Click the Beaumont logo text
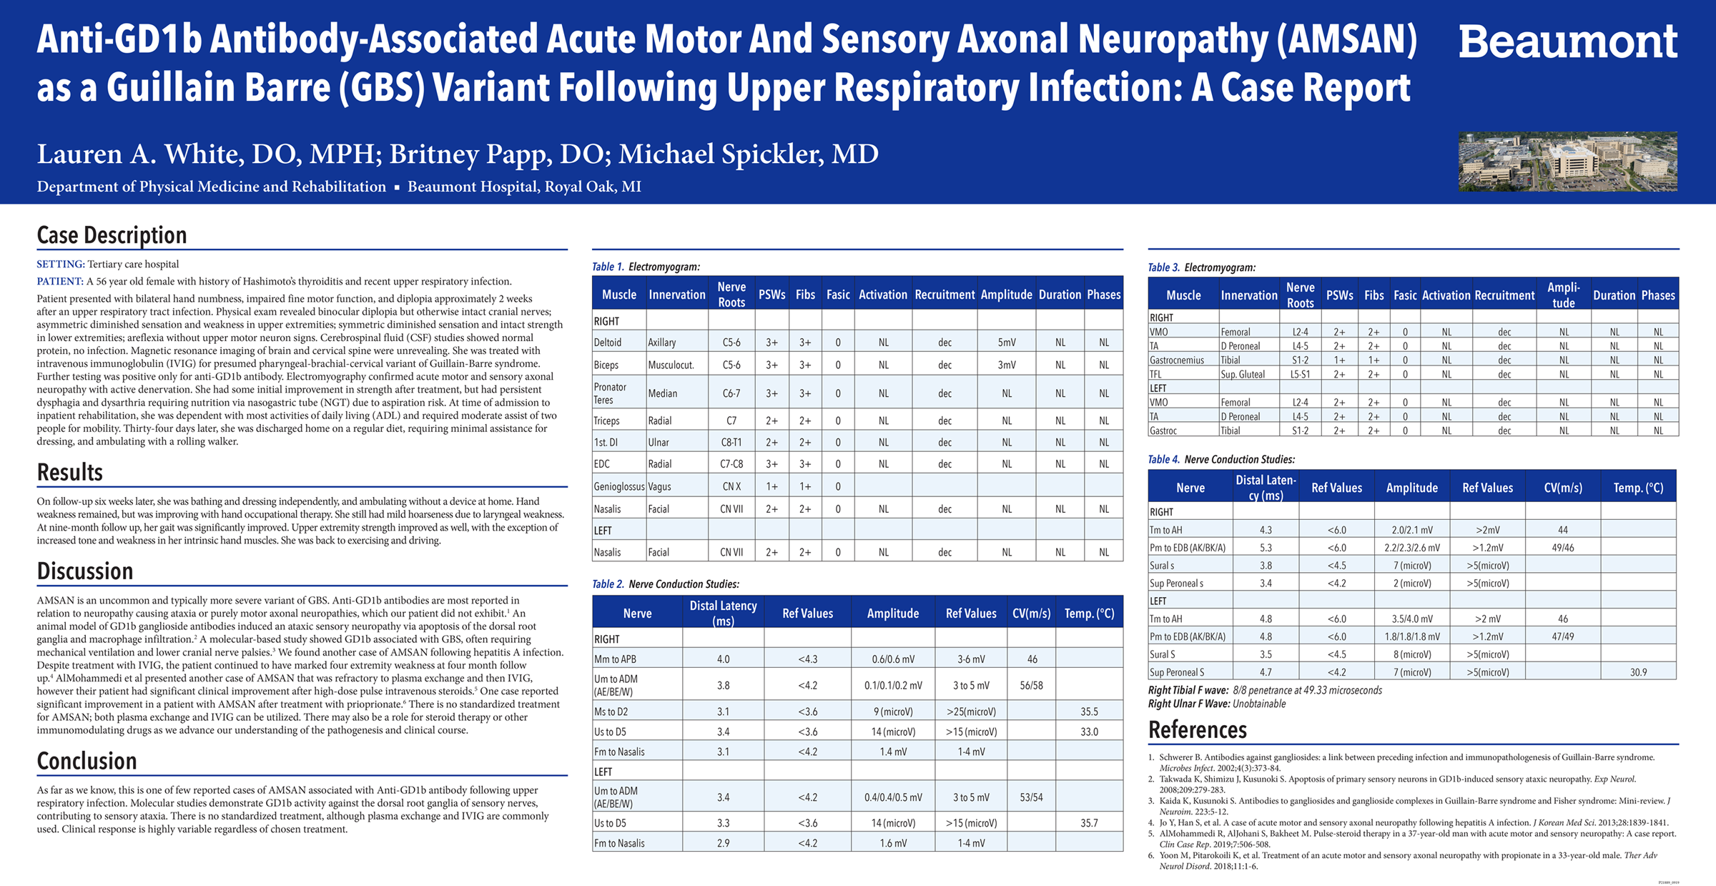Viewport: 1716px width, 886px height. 1567,42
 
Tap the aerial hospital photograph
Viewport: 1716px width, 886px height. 1567,161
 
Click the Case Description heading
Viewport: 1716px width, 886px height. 112,235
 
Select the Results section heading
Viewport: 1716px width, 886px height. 70,472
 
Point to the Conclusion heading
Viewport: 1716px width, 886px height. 87,761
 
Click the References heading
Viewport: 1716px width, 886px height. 1197,729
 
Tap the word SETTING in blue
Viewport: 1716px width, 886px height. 61,265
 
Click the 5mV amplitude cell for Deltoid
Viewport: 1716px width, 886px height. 1006,343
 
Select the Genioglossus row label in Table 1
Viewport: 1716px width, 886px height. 618,486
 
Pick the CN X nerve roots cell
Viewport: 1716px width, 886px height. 731,486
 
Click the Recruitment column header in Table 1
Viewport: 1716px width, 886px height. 944,295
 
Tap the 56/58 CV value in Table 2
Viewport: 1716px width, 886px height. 1031,685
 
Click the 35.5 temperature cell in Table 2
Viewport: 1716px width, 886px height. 1089,712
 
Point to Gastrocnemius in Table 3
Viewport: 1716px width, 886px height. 1176,360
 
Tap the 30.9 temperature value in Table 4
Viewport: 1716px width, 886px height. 1638,672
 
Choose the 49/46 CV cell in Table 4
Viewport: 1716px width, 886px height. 1562,548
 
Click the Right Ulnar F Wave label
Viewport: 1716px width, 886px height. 1188,704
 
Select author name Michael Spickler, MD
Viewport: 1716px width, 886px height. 749,154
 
